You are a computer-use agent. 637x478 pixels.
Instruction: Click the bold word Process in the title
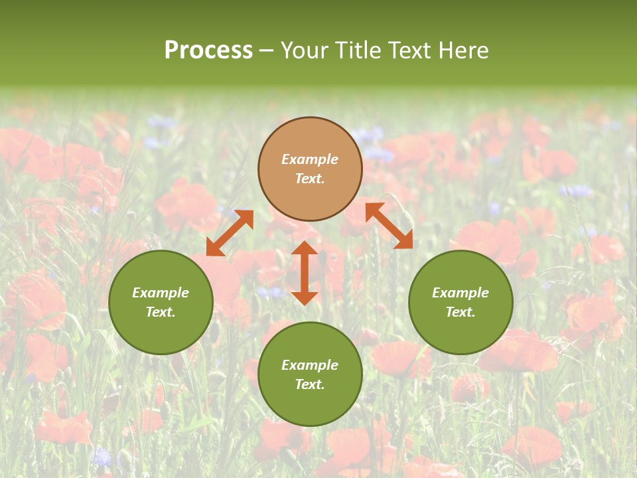pyautogui.click(x=208, y=50)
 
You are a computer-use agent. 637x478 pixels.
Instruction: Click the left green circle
pyautogui.click(x=161, y=302)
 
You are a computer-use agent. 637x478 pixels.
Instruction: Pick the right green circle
pyautogui.click(x=460, y=302)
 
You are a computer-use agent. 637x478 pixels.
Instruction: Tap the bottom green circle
pyautogui.click(x=310, y=374)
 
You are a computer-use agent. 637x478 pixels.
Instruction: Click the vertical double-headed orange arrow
pyautogui.click(x=305, y=273)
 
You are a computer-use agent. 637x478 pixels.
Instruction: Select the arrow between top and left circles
pyautogui.click(x=230, y=233)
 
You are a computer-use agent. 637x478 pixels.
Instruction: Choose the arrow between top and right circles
pyautogui.click(x=389, y=226)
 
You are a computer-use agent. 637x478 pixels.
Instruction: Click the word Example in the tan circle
pyautogui.click(x=310, y=159)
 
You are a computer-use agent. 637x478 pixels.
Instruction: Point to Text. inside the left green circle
pyautogui.click(x=161, y=312)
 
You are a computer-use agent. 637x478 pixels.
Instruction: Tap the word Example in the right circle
pyautogui.click(x=460, y=293)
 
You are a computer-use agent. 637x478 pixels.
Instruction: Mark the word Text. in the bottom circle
pyautogui.click(x=310, y=384)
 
